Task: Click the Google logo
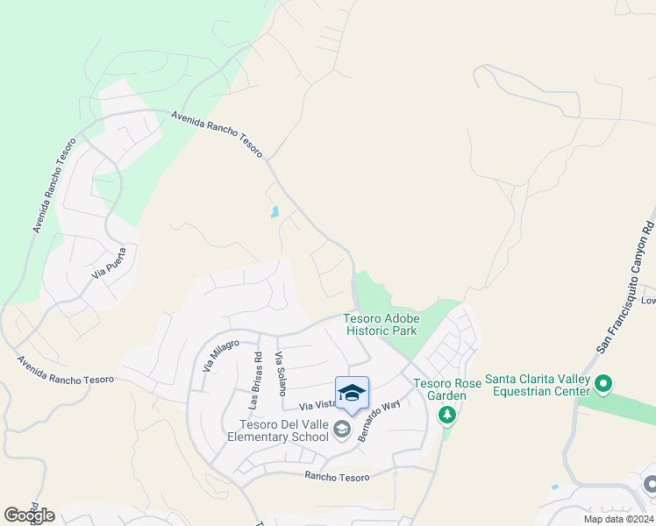[x=29, y=515]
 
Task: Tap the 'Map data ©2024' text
[x=617, y=519]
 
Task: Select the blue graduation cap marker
[x=352, y=394]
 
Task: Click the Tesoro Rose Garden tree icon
[x=447, y=414]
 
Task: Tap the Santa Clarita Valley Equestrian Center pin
[x=603, y=384]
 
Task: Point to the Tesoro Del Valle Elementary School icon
[x=341, y=430]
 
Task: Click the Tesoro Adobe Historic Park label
[x=381, y=324]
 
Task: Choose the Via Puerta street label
[x=110, y=263]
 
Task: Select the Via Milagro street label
[x=220, y=354]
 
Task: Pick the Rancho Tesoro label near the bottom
[x=337, y=477]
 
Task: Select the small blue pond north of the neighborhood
[x=275, y=211]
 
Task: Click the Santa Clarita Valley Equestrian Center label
[x=536, y=385]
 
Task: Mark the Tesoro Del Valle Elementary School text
[x=276, y=430]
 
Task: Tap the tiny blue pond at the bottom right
[x=554, y=487]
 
